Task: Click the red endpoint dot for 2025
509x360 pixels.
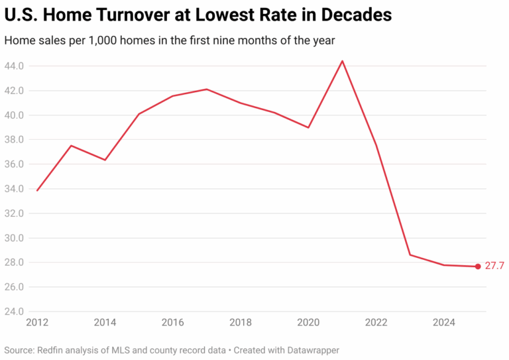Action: (477, 267)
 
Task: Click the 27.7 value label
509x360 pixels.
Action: (494, 266)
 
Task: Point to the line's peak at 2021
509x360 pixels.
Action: (342, 61)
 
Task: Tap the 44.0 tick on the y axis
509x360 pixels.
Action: (15, 66)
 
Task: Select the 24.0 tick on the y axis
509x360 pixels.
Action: (15, 312)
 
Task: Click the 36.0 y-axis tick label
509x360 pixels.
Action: (15, 164)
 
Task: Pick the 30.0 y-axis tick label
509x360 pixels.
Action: (15, 238)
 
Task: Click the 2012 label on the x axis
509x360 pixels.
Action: (37, 323)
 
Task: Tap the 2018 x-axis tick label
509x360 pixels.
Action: (241, 323)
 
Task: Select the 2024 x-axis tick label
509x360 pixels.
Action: (443, 323)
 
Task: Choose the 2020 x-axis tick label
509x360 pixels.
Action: (308, 323)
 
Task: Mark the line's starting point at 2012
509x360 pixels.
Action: (37, 191)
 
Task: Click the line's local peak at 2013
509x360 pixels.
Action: (71, 145)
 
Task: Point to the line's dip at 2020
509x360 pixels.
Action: (308, 127)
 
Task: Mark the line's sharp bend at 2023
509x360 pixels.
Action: (410, 255)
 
